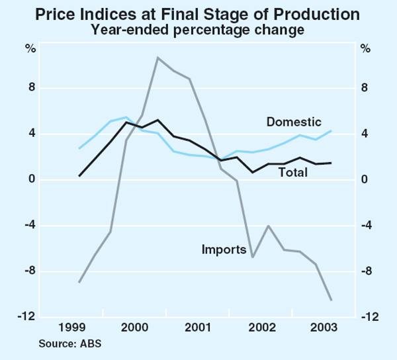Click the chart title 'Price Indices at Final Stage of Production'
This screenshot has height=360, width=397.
point(198,14)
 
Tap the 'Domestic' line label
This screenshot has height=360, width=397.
point(294,122)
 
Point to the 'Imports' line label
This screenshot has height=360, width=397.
point(223,249)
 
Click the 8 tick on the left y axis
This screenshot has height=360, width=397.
point(31,88)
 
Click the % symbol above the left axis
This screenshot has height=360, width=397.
point(30,48)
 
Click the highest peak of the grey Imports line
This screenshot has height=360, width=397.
point(157,58)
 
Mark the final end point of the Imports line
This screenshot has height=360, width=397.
point(331,300)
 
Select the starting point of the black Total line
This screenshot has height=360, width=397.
point(79,176)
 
